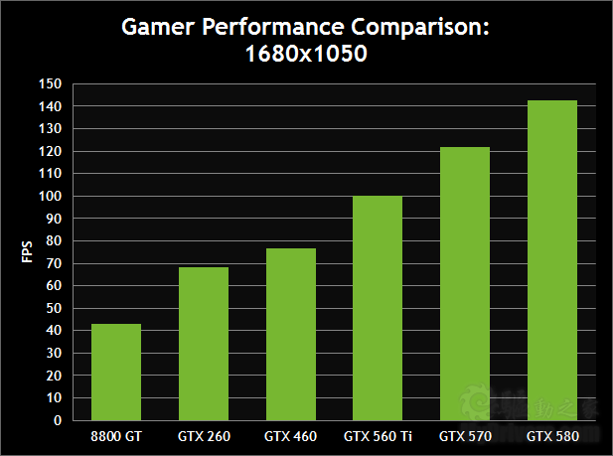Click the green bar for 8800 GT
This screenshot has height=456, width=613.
(116, 372)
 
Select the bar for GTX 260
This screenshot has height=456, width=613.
(204, 344)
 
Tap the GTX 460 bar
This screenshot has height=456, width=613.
(290, 334)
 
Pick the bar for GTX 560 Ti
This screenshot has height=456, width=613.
(378, 308)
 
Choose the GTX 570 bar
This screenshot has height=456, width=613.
(465, 283)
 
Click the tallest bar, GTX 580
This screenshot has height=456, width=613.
(552, 260)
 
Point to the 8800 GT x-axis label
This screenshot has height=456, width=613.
(116, 435)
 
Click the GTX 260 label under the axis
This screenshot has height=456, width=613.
(204, 435)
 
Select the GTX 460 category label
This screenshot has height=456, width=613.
(290, 435)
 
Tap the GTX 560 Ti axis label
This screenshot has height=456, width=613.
(378, 435)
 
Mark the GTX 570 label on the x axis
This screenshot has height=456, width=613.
(465, 435)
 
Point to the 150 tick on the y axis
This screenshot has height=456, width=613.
(51, 83)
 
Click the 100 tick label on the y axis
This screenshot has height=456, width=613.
(51, 196)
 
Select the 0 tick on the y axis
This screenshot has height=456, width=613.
(58, 420)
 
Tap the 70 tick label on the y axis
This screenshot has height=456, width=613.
(54, 263)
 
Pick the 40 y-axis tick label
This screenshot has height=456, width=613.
(54, 331)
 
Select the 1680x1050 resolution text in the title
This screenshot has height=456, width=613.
(306, 56)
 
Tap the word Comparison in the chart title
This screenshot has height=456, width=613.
(428, 27)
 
